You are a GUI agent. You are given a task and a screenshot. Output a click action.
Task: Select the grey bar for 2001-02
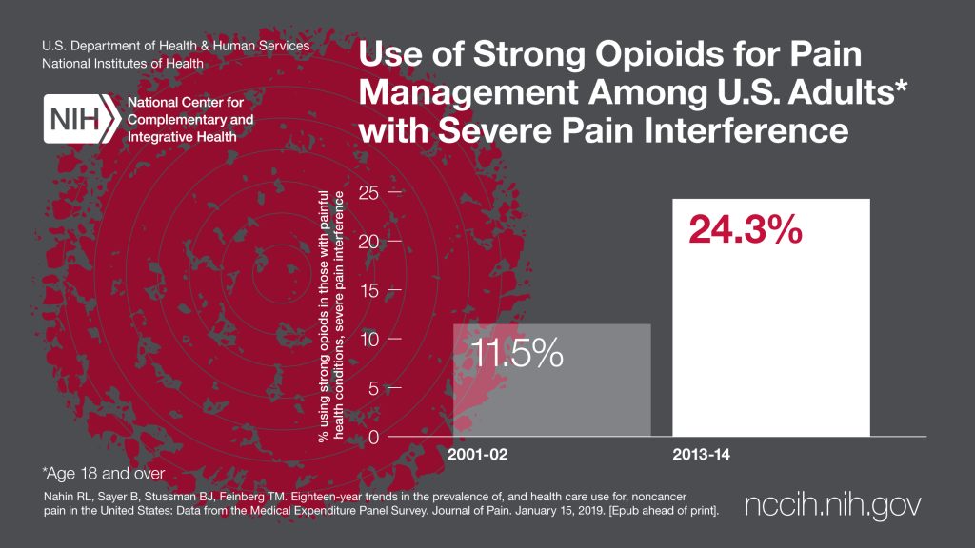pyautogui.click(x=551, y=381)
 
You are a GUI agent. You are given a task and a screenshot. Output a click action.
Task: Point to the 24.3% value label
pyautogui.click(x=746, y=232)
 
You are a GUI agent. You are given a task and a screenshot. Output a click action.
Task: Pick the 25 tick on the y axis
pyautogui.click(x=368, y=192)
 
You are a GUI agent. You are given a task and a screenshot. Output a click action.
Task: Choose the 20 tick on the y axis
pyautogui.click(x=368, y=242)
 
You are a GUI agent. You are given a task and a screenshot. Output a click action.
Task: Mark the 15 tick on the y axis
pyautogui.click(x=368, y=290)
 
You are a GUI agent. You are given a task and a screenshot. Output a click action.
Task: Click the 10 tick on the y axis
pyautogui.click(x=368, y=340)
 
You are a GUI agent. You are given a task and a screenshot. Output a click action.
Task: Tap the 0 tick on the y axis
pyautogui.click(x=374, y=438)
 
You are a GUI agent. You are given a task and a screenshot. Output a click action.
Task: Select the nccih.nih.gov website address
pyautogui.click(x=833, y=506)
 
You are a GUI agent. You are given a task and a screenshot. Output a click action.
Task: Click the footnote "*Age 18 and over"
pyautogui.click(x=104, y=473)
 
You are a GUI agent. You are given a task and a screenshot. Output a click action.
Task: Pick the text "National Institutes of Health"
pyautogui.click(x=122, y=64)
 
